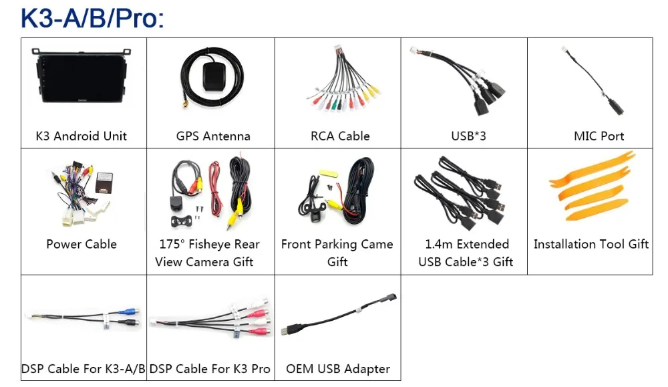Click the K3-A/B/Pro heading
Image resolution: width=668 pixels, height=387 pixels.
pos(92,18)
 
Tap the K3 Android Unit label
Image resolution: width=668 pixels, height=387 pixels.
pos(81,136)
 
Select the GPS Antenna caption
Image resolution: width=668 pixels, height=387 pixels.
pos(213,136)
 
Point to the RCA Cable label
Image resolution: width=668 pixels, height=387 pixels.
pos(340,136)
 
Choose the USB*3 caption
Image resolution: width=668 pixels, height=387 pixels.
pos(468,136)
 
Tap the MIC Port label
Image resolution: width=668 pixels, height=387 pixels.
pos(599,136)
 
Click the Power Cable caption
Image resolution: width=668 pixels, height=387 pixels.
pos(81,245)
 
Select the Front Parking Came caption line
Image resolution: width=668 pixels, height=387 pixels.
pos(337,245)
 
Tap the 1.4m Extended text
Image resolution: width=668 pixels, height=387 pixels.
pos(467,245)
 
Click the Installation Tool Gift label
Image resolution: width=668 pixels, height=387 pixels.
pos(591,245)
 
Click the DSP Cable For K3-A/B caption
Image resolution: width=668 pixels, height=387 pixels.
pos(83,369)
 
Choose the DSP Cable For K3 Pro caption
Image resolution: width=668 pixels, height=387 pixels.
pos(210,369)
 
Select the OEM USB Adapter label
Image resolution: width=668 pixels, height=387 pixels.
pos(338,369)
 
